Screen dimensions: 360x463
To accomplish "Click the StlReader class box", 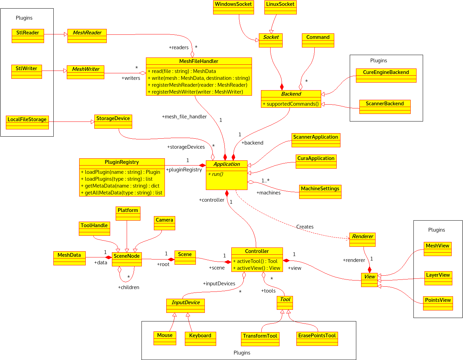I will pos(28,36).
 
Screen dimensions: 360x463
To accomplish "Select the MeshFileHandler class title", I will pos(199,61).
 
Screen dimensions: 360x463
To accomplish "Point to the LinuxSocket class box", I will pos(280,7).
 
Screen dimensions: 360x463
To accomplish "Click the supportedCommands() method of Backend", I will pos(291,104).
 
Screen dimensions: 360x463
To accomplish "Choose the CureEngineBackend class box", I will pos(386,75).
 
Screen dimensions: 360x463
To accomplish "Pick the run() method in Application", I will pos(215,174).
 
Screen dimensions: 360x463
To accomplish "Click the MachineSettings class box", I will pos(320,192).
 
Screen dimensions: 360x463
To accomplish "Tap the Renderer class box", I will pos(362,240).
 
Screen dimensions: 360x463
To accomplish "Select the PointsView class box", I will pos(438,303).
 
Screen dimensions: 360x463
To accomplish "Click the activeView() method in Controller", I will pos(256,268).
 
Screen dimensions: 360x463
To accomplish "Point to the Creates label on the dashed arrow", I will pos(305,227).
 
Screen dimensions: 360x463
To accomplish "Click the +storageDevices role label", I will pos(186,147).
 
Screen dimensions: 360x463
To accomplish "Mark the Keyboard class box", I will pos(200,339).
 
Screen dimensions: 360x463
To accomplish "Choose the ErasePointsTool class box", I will pos(317,339).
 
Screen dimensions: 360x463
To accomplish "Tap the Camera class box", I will pos(164,223).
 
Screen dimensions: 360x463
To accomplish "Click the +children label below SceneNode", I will pos(129,287).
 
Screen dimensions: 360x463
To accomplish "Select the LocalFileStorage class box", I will pos(27,123).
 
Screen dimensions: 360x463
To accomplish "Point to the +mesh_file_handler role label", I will pos(184,117).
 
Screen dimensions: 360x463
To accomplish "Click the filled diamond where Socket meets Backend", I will pos(282,87).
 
